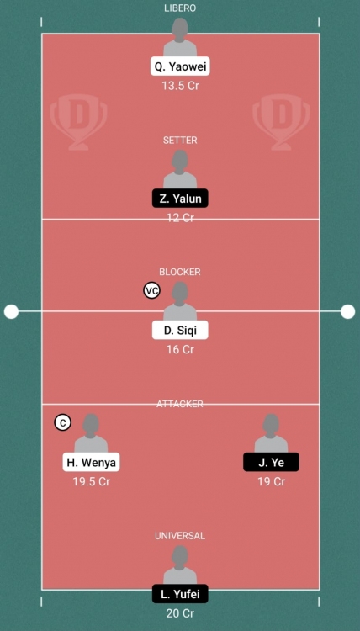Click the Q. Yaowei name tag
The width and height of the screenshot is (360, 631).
point(180,66)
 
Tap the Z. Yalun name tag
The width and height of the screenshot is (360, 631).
point(180,199)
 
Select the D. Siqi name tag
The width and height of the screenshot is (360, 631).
point(180,331)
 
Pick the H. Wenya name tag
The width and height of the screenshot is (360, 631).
point(92,463)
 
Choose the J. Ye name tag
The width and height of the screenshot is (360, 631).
point(271,463)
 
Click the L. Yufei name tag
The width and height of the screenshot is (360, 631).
point(180,594)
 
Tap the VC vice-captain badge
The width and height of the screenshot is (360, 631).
point(152,291)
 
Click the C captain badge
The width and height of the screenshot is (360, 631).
point(62,422)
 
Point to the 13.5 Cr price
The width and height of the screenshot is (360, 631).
point(180,86)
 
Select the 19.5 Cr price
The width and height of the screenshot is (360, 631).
point(92,482)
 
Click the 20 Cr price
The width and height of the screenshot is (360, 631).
point(180,613)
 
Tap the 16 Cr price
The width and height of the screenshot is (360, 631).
point(180,350)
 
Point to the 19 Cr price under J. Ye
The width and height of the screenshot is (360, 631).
point(272,482)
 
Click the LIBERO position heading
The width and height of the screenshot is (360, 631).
point(180,8)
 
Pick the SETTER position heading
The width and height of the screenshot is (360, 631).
point(180,141)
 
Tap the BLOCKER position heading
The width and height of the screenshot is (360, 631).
point(180,272)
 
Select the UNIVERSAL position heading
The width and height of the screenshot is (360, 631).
point(180,536)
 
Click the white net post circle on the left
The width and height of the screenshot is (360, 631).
point(11,311)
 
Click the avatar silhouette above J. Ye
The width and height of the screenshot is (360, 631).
point(271,433)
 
